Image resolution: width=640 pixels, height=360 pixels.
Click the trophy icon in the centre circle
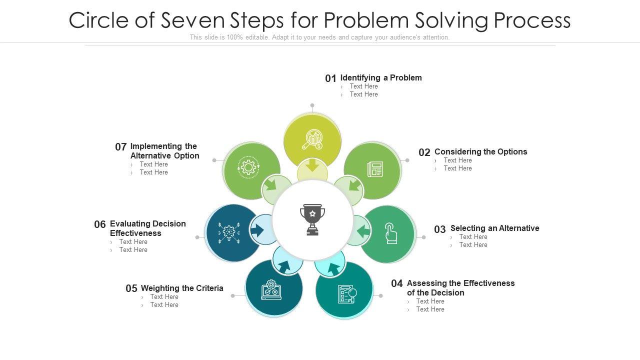point(312,219)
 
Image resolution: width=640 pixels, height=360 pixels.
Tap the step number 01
point(330,78)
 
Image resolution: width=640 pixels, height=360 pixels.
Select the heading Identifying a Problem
point(381,77)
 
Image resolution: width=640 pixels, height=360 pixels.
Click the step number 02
point(424,152)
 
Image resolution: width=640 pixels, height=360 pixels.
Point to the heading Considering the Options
point(480,151)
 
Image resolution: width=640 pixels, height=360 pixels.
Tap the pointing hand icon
point(390,233)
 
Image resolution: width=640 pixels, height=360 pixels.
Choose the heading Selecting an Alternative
point(494,228)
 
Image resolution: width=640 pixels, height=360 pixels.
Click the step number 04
point(397,283)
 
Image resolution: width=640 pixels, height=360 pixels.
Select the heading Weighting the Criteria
point(182,288)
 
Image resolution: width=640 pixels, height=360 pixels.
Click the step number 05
point(131,288)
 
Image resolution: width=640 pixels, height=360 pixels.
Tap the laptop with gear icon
point(271,289)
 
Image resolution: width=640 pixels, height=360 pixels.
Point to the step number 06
point(100,224)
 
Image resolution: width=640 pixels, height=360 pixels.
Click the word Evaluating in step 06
point(130,223)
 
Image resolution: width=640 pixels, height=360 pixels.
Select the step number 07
point(121,147)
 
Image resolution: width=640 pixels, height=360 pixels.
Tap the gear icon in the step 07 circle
point(248,166)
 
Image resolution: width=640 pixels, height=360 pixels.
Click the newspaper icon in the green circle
point(375,169)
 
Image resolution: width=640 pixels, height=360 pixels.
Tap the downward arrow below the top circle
point(312,165)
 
